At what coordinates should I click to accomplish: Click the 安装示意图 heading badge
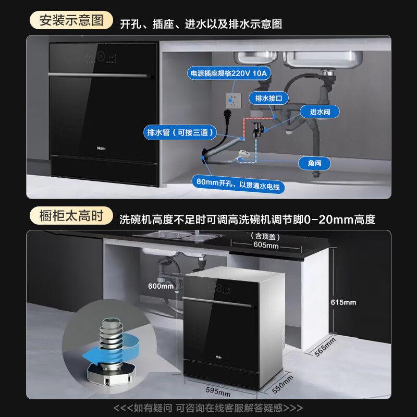point(71,20)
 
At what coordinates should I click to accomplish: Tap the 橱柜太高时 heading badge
point(71,215)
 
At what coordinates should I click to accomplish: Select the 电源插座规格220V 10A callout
point(229,73)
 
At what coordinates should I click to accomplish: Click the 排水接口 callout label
point(268,99)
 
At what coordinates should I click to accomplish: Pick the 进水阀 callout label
point(320,112)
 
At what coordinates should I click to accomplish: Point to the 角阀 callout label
point(314,163)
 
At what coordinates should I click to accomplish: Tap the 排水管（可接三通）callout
point(180,132)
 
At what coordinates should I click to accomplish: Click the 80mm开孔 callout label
point(238,184)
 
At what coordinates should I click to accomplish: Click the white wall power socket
point(233,101)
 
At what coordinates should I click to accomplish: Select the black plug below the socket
point(228,115)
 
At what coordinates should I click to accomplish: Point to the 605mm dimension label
point(266,245)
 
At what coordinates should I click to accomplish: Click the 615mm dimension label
point(344,302)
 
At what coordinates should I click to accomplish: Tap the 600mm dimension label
point(161,286)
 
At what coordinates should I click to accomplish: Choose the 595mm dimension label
point(218,392)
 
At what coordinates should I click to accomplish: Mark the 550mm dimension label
point(283,384)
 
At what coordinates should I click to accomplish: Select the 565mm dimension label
point(325,347)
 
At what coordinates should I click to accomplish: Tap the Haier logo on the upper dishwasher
point(101,149)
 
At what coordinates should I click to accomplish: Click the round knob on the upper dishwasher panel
point(101,56)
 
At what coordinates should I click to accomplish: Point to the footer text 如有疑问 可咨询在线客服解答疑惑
point(208,408)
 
